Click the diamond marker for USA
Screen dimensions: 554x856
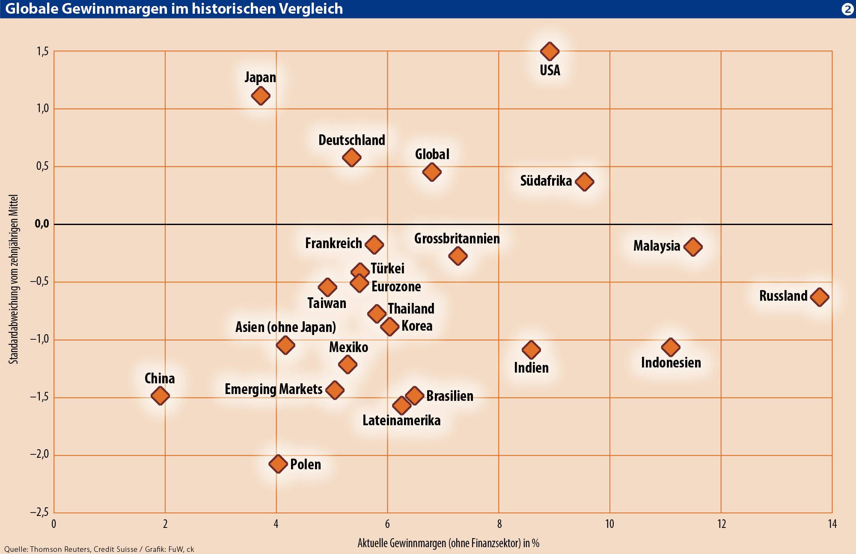[x=550, y=51]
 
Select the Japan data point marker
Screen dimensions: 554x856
[x=261, y=95]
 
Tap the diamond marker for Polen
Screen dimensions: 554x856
[x=278, y=464]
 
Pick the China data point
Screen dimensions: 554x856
[x=160, y=396]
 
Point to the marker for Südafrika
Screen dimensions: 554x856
[x=585, y=181]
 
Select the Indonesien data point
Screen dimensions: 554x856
[x=671, y=347]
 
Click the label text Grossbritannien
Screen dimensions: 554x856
[x=457, y=239]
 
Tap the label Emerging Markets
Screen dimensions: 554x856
[x=273, y=389]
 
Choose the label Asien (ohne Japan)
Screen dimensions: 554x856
[x=285, y=327]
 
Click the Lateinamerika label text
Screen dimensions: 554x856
[x=401, y=421]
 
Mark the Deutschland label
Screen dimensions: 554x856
[x=352, y=140]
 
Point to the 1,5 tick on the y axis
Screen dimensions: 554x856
[x=42, y=52]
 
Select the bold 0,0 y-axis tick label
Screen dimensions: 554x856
[x=42, y=224]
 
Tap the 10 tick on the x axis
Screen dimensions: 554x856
[x=609, y=524]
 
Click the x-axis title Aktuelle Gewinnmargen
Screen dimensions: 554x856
[x=448, y=543]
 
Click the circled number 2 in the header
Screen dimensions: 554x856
[x=847, y=9]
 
